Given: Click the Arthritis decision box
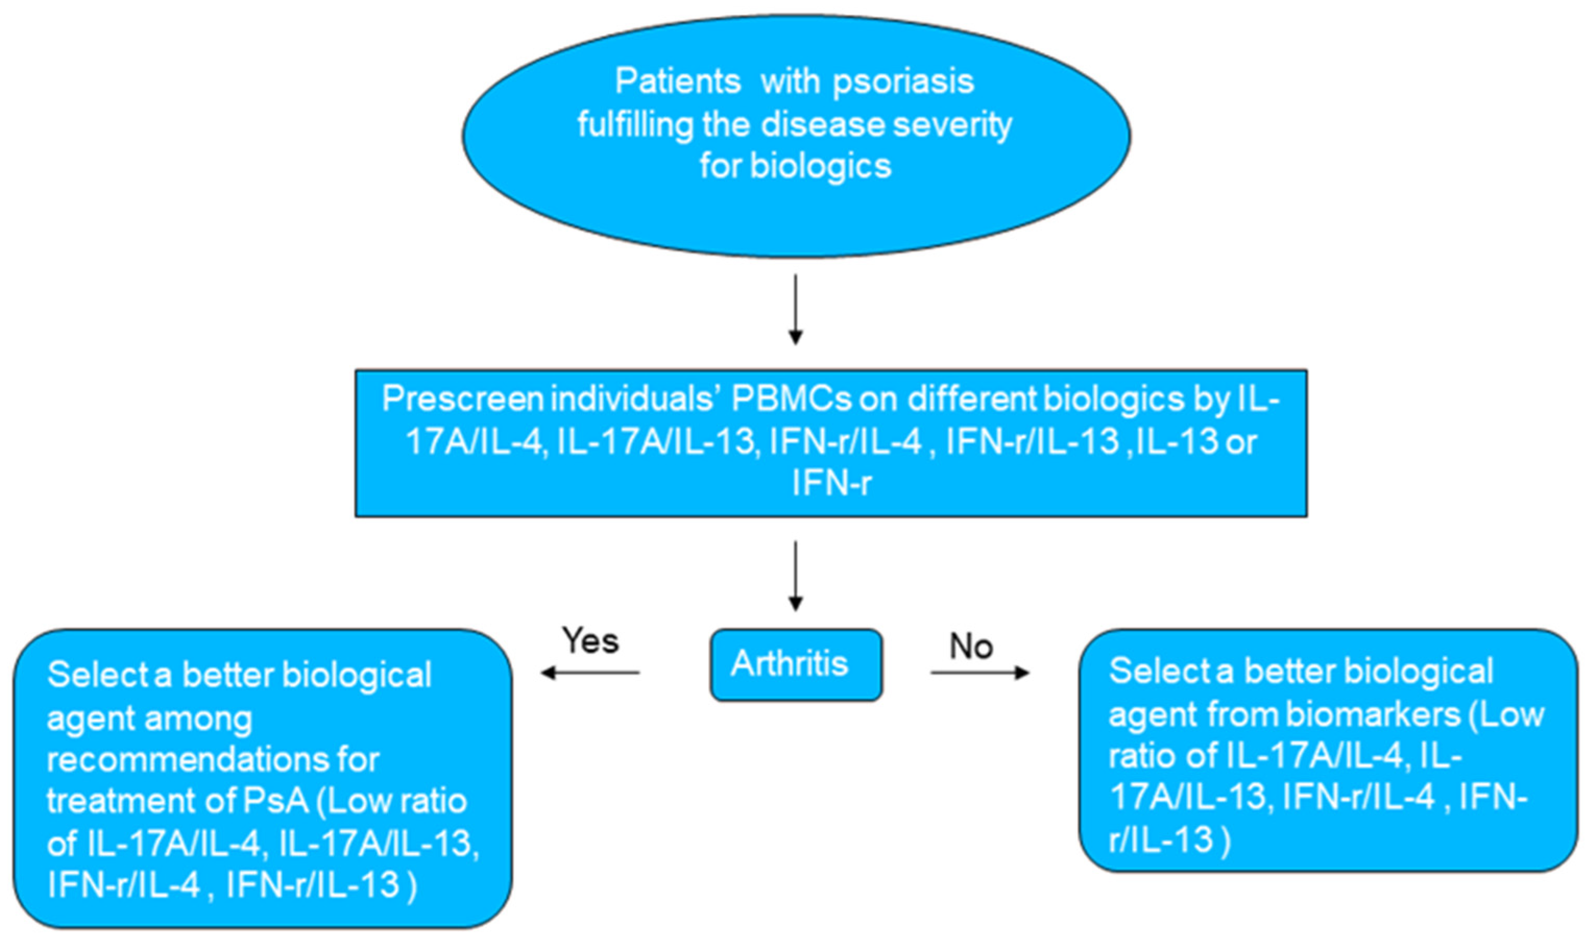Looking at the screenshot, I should tap(796, 665).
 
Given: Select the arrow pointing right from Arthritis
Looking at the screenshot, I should tap(980, 672).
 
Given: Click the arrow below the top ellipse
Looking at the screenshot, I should tap(795, 309).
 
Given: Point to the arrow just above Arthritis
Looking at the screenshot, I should tap(795, 575).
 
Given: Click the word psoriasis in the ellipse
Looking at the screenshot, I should tap(904, 82).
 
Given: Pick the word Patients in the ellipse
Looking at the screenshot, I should tap(678, 81).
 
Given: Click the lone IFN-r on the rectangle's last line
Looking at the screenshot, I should tap(831, 482).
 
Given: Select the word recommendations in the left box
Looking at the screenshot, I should tap(213, 759).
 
